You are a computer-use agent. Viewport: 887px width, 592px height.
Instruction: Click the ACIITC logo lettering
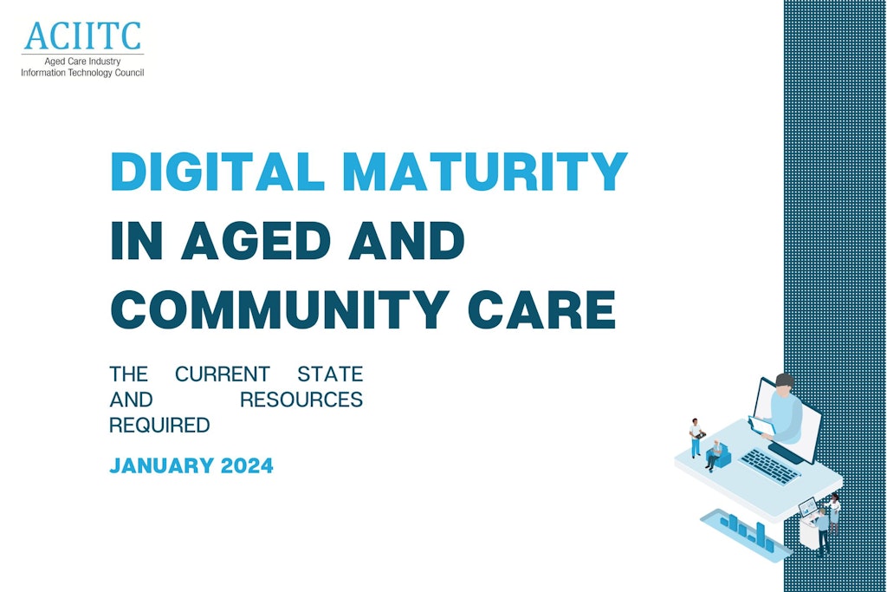(x=82, y=36)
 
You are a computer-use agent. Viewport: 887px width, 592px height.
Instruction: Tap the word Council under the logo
(x=129, y=73)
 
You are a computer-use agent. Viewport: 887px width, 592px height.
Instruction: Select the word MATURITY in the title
(x=485, y=171)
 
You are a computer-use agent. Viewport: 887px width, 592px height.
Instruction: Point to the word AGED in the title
(x=256, y=241)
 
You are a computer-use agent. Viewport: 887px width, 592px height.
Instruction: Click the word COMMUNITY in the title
(x=280, y=309)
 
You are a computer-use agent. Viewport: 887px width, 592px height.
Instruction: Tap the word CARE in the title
(x=542, y=309)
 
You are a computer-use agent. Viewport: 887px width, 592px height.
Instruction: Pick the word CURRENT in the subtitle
(x=223, y=374)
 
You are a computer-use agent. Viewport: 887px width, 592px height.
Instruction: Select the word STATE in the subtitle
(x=330, y=374)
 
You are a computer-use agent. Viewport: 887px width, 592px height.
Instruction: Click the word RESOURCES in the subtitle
(x=301, y=400)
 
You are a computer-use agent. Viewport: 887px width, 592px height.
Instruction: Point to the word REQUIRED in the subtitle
(x=159, y=425)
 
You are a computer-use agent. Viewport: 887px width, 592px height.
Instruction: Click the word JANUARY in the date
(x=161, y=465)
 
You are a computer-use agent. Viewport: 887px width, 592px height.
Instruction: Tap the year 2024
(x=247, y=465)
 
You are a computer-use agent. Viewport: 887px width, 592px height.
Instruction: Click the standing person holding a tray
(x=696, y=438)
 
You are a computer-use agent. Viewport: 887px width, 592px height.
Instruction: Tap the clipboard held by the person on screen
(x=761, y=425)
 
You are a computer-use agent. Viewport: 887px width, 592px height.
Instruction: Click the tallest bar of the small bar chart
(x=761, y=534)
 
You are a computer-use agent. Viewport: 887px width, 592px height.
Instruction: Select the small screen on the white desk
(x=807, y=506)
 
